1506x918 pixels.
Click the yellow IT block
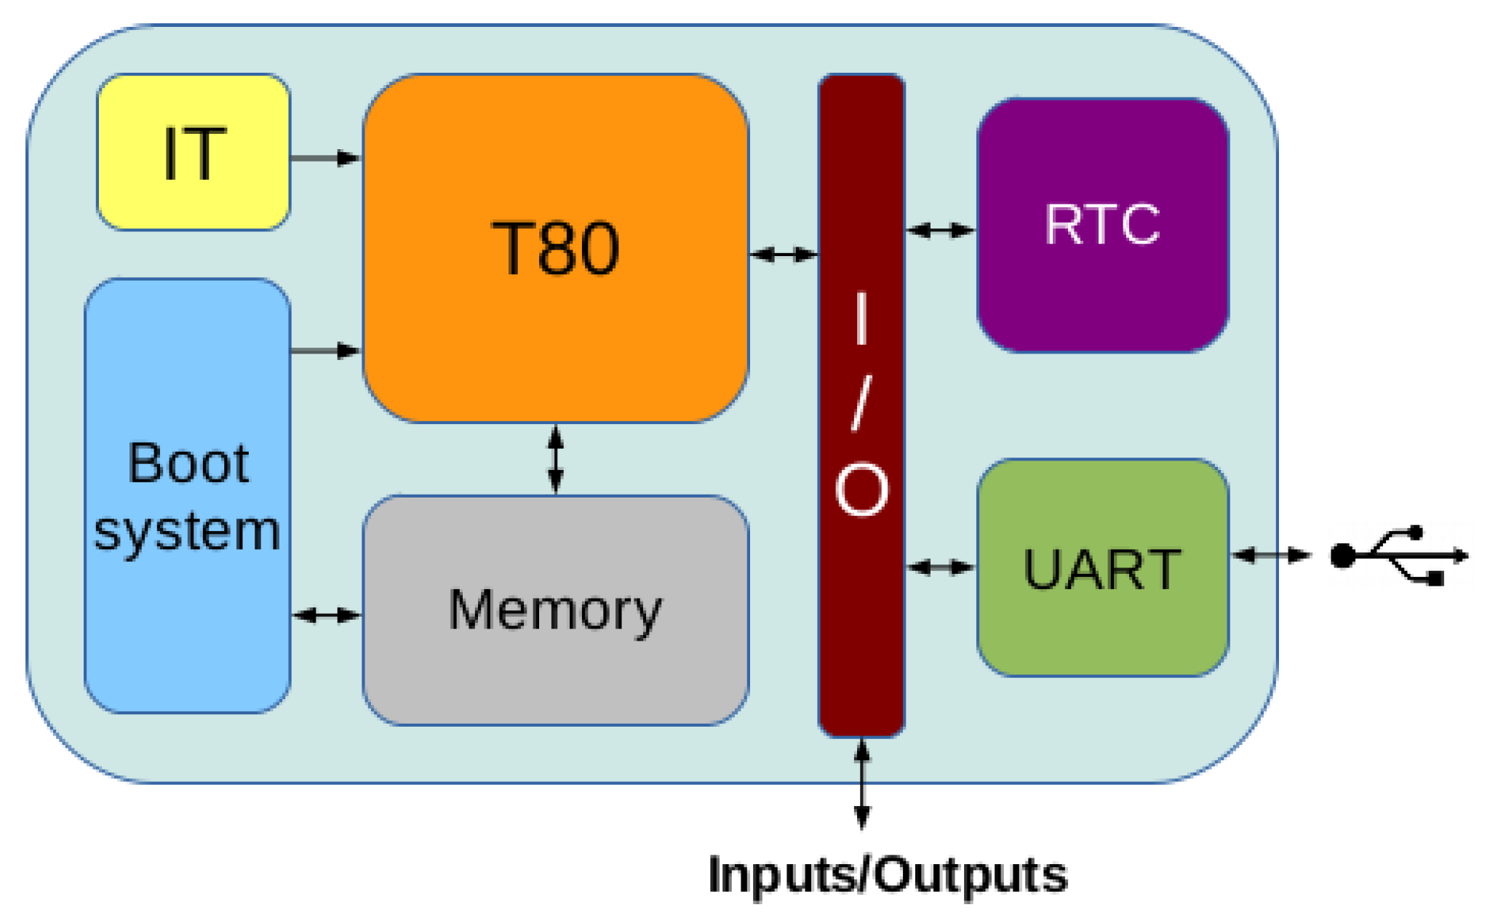(194, 152)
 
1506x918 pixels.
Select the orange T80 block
(556, 248)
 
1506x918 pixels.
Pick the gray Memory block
(556, 610)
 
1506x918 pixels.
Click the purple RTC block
(1102, 225)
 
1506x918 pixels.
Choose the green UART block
(1102, 568)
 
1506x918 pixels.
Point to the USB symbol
(1398, 556)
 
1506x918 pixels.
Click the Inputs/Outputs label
(888, 875)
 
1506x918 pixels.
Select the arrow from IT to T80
(325, 158)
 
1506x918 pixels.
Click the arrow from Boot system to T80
(325, 351)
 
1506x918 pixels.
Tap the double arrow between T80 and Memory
(556, 460)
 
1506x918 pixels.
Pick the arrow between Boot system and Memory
(327, 615)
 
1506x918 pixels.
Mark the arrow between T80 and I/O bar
(784, 255)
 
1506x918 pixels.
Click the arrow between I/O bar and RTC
(941, 231)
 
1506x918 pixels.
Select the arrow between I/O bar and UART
(941, 567)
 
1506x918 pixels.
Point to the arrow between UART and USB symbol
(1271, 556)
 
